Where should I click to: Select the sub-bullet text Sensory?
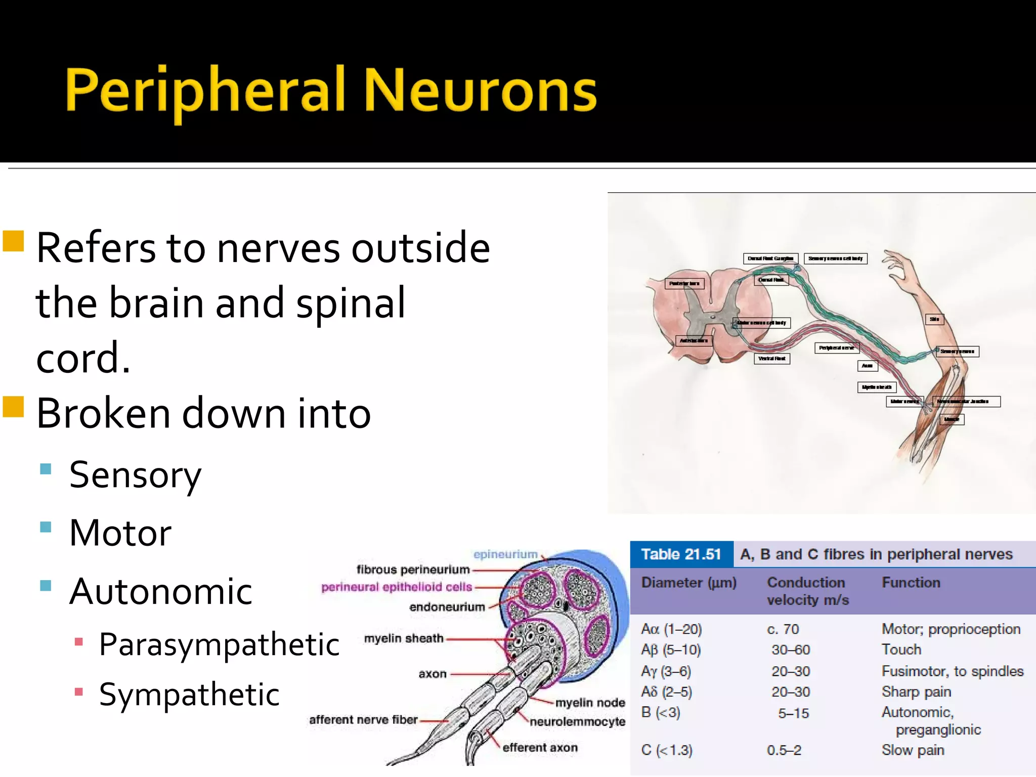click(135, 476)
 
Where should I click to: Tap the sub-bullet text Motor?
click(120, 533)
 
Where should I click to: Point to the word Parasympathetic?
click(219, 645)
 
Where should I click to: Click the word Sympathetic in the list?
click(189, 695)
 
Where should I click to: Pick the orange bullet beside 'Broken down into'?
click(14, 406)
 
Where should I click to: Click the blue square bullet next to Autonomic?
click(46, 585)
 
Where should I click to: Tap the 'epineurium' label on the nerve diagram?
click(505, 554)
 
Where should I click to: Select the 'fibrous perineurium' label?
click(413, 570)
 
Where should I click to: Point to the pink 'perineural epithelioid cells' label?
click(397, 587)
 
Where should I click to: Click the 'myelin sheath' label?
click(403, 638)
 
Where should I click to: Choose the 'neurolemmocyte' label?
click(577, 722)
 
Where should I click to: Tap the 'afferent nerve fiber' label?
click(363, 719)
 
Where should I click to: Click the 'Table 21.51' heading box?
click(681, 554)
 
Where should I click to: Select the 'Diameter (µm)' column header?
click(688, 583)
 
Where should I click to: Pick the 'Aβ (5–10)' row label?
click(671, 650)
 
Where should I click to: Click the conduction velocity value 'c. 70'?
click(783, 629)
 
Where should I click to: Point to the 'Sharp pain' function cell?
click(916, 692)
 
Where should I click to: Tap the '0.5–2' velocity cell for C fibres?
click(784, 750)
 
